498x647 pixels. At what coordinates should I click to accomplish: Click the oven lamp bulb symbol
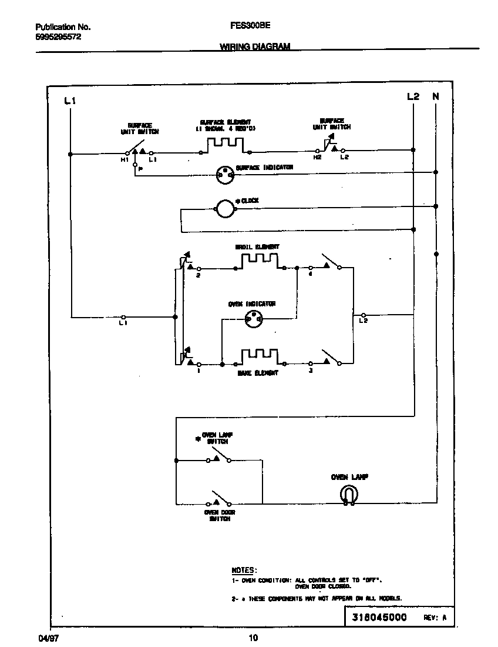[x=349, y=495]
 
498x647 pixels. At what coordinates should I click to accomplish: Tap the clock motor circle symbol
[x=224, y=208]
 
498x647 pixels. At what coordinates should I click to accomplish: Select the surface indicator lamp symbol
[x=224, y=172]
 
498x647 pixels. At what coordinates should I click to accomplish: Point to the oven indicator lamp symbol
[x=254, y=319]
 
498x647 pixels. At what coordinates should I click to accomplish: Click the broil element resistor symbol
[x=260, y=260]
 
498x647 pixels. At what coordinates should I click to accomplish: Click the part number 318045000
[x=379, y=618]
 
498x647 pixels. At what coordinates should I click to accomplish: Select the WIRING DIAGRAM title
[x=254, y=46]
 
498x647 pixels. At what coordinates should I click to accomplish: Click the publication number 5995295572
[x=58, y=36]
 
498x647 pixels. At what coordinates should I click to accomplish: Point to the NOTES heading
[x=243, y=570]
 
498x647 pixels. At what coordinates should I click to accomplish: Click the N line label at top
[x=435, y=96]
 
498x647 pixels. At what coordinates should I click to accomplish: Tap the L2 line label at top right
[x=413, y=96]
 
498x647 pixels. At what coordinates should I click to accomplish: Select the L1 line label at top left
[x=70, y=101]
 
